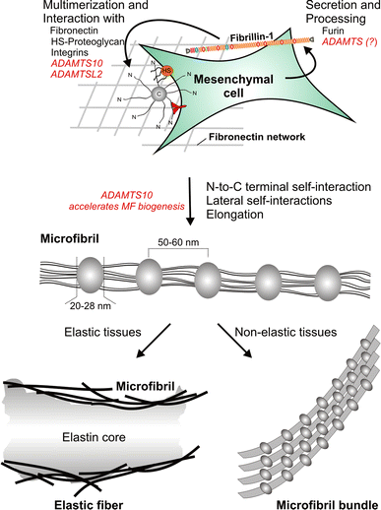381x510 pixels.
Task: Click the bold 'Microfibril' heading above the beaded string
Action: (44, 237)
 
